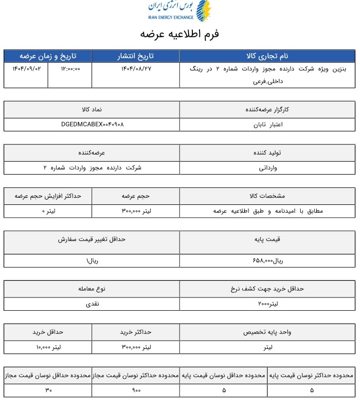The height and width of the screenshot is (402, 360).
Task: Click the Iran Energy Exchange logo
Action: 179,11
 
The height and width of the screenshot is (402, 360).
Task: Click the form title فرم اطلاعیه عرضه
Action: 180,34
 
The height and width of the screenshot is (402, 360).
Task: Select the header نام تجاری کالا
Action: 267,56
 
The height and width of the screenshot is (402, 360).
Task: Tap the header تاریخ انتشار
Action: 135,56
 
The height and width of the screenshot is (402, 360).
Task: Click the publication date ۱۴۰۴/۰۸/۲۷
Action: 136,68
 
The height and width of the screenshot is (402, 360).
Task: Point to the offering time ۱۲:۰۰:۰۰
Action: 70,68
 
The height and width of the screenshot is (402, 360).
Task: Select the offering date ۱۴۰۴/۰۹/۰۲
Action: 26,68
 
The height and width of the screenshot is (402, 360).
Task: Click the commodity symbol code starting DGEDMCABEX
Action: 92,124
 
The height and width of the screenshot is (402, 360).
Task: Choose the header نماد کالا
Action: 92,109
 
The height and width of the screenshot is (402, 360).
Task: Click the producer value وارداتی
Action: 267,168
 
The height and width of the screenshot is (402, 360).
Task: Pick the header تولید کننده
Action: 267,153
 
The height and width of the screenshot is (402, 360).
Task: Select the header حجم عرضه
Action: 136,196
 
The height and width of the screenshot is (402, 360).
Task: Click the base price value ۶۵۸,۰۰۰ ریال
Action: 267,260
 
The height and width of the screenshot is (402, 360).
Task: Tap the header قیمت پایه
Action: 267,239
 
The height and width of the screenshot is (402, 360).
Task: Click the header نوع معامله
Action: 92,288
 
